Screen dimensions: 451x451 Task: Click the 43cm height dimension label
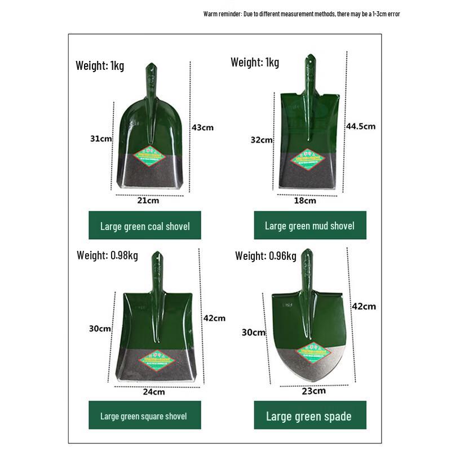tap(202, 127)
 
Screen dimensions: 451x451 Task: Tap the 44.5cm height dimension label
tap(360, 126)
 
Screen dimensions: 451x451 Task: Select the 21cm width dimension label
tap(148, 200)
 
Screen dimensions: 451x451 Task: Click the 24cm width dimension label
tap(154, 392)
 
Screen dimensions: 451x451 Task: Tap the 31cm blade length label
tap(101, 139)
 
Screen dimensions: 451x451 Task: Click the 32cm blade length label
tap(262, 140)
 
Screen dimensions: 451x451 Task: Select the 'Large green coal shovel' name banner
tap(145, 226)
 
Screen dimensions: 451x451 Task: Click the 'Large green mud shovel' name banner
tap(309, 225)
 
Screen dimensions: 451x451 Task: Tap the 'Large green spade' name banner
tap(309, 417)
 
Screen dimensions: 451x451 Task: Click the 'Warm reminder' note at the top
tap(302, 14)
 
